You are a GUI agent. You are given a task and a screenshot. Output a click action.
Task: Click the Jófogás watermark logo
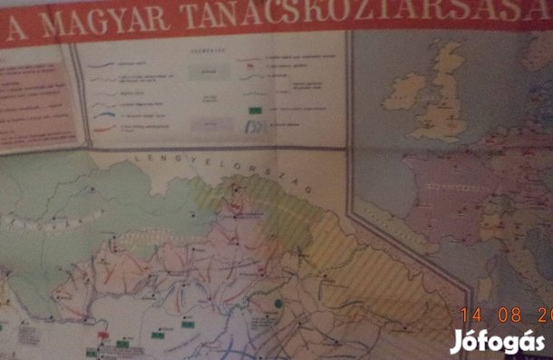[x=498, y=341]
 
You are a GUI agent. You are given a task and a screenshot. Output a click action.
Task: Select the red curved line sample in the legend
[x=105, y=128]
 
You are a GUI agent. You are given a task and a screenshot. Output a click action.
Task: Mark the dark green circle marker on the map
[x=280, y=302]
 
